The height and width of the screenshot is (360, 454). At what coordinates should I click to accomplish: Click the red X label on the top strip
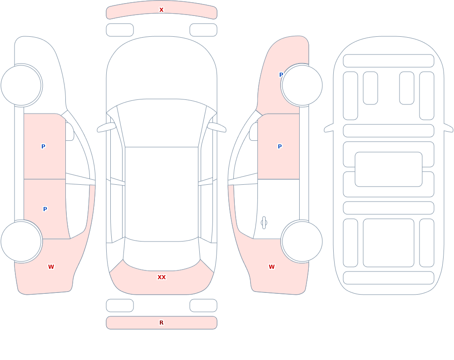(x=161, y=10)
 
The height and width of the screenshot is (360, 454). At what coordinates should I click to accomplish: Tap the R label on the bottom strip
(x=161, y=323)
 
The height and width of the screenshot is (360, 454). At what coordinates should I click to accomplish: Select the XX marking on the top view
(x=162, y=277)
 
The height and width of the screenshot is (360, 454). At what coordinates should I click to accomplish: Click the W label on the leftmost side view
(x=51, y=267)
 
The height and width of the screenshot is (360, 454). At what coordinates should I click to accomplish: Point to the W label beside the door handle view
(x=271, y=267)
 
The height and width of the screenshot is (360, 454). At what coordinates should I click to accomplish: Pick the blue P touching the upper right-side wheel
(x=281, y=75)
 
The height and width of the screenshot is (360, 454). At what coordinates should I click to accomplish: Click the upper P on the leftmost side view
(x=43, y=146)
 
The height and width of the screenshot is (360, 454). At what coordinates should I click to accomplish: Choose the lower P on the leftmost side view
(x=45, y=209)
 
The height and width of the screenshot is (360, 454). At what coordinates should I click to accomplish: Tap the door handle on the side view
(x=264, y=223)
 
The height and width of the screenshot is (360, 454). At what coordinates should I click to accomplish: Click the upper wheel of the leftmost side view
(x=21, y=85)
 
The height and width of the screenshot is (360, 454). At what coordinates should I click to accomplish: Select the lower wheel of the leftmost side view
(x=21, y=241)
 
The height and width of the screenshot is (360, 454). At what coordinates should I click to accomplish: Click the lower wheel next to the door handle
(x=302, y=241)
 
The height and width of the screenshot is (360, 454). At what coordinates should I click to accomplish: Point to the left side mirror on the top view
(x=106, y=128)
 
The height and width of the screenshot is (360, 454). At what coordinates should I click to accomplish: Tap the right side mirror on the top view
(x=217, y=128)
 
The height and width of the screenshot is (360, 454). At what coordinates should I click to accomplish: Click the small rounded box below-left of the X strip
(x=120, y=30)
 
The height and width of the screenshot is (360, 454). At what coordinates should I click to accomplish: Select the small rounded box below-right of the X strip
(x=203, y=30)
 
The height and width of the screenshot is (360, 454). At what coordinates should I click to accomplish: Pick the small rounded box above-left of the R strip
(x=120, y=306)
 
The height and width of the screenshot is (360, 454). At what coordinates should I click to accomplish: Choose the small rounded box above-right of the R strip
(x=203, y=306)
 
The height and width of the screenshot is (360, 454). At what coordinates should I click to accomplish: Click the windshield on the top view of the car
(x=162, y=123)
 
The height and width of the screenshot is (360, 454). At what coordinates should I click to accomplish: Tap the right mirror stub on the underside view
(x=449, y=128)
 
